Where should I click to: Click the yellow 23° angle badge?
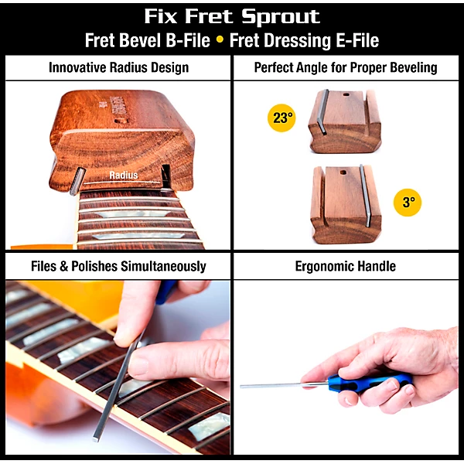pyautogui.click(x=282, y=118)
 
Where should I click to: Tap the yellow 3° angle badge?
pyautogui.click(x=408, y=203)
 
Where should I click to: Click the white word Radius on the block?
pyautogui.click(x=123, y=176)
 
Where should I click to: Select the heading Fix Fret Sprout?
pyautogui.click(x=232, y=17)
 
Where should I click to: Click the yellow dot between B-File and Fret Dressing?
pyautogui.click(x=220, y=41)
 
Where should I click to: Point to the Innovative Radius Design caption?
pyautogui.click(x=118, y=68)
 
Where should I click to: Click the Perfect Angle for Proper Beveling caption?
pyautogui.click(x=346, y=68)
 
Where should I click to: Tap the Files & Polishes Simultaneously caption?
pyautogui.click(x=118, y=267)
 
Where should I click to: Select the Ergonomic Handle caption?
pyautogui.click(x=346, y=267)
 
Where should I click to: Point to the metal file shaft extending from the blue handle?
pyautogui.click(x=278, y=384)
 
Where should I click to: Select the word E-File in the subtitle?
pyautogui.click(x=351, y=41)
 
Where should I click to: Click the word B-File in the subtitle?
pyautogui.click(x=183, y=41)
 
